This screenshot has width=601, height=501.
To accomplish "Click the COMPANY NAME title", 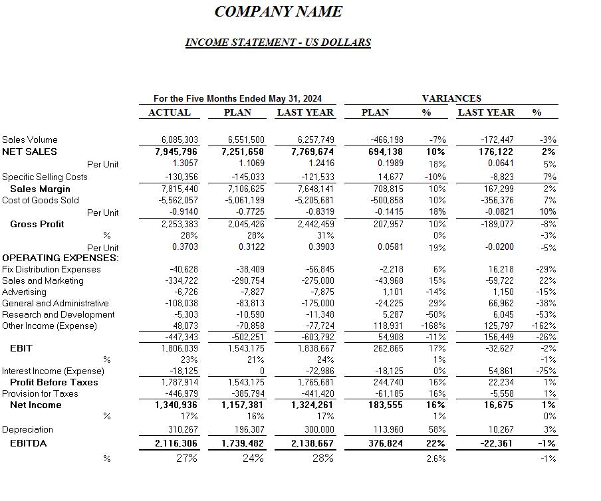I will (x=278, y=12).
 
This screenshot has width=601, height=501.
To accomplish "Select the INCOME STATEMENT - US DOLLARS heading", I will (x=278, y=43).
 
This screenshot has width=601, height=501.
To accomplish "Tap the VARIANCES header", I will (x=451, y=98).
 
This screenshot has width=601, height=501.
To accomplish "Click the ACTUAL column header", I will (x=170, y=112).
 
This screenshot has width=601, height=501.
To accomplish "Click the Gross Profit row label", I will (x=37, y=224).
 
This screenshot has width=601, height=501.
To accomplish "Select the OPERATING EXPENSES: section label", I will (x=60, y=258).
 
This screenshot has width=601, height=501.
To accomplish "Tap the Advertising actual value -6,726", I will (x=186, y=292).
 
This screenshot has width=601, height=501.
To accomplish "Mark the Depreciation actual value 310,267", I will (x=180, y=430).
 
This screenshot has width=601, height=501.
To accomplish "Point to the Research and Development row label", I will (x=59, y=314).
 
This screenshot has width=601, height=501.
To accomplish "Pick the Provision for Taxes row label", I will (x=40, y=393).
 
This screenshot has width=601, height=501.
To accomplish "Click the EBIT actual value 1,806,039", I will (x=180, y=348).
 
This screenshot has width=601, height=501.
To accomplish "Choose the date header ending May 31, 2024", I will (x=237, y=98).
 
